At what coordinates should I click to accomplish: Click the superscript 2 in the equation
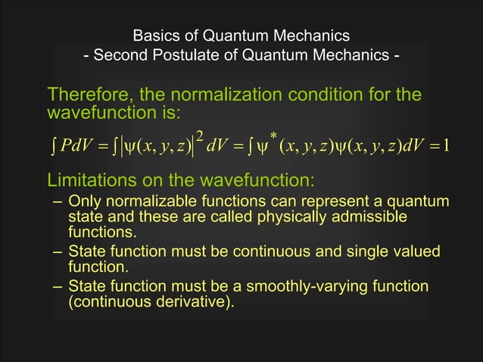tap(199, 136)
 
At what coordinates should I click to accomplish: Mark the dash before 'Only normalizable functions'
tap(58, 202)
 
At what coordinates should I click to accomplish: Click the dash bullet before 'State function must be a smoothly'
tap(58, 286)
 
